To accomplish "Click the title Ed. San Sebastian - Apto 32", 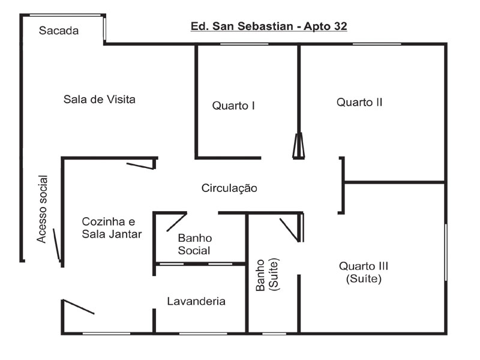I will coord(268,26).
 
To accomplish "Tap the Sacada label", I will coord(59,31).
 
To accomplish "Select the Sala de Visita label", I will coord(99,100).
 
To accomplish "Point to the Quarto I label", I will coord(233,106).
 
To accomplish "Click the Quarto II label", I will coord(359,102).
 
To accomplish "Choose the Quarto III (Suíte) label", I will coord(359,272).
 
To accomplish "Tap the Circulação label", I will coord(229,188).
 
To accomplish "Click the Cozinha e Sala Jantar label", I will coord(112,228).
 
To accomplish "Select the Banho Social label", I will coord(195,244).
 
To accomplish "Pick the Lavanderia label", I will coord(196,301).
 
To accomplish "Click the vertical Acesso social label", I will coord(42,209).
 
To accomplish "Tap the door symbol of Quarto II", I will coord(298,146).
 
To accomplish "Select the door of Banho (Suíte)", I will coord(290,230).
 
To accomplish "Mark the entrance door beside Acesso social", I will coord(57,245).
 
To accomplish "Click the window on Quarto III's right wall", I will coord(446,252).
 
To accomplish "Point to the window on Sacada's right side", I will coord(104,28).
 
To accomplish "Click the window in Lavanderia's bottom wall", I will coord(203,333).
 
